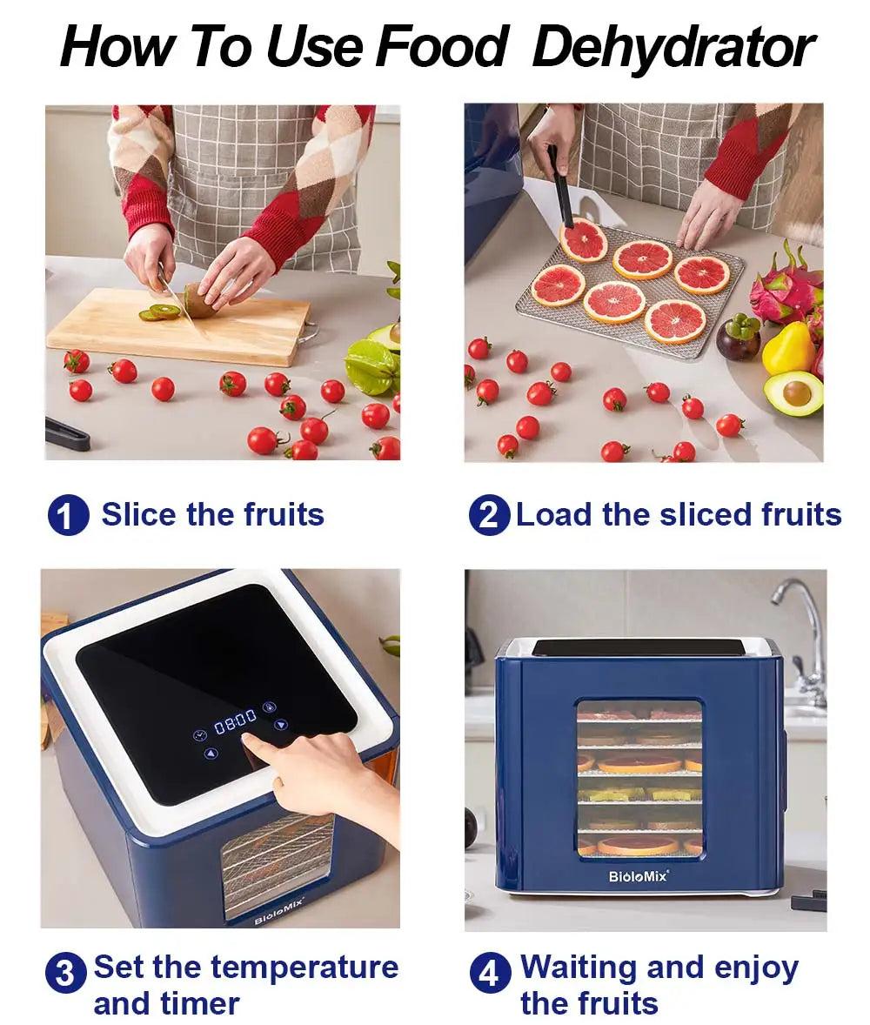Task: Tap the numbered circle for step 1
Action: tap(68, 515)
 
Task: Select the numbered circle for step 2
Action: tap(489, 515)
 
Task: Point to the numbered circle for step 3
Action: tap(66, 973)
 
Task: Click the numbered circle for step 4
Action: tap(490, 973)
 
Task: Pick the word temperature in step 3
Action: tap(304, 967)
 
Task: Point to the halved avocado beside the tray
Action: tap(793, 392)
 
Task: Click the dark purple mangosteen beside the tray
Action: tap(738, 338)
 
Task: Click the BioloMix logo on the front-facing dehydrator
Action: tap(639, 876)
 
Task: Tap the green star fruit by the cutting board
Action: tap(372, 365)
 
